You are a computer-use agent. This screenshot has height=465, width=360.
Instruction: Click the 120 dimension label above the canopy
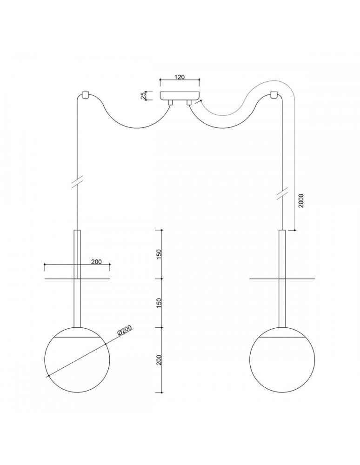tap(180, 77)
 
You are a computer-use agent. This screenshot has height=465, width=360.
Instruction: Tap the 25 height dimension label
tap(144, 95)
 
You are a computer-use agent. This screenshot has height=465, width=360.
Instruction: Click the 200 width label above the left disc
tap(96, 262)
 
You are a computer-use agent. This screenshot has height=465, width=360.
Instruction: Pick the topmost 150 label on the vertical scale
tap(159, 254)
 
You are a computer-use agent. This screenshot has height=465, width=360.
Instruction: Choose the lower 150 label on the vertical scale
tap(159, 303)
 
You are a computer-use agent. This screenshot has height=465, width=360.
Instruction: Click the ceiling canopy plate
tap(180, 95)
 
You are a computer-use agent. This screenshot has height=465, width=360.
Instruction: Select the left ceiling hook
tap(85, 94)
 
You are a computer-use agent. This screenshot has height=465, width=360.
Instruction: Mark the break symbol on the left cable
tap(77, 182)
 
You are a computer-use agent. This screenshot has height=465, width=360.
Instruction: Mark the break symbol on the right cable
tap(282, 193)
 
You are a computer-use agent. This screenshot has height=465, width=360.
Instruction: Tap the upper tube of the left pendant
tap(77, 253)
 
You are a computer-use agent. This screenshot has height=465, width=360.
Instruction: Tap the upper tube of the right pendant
tap(282, 253)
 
